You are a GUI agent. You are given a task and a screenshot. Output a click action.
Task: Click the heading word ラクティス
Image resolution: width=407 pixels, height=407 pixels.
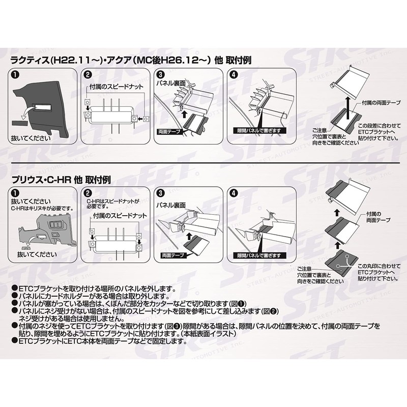31,60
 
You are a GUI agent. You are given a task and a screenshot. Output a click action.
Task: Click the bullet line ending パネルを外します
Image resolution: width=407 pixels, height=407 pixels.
92,288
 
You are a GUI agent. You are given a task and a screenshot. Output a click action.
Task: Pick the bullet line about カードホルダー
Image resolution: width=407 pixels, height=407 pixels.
86,296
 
